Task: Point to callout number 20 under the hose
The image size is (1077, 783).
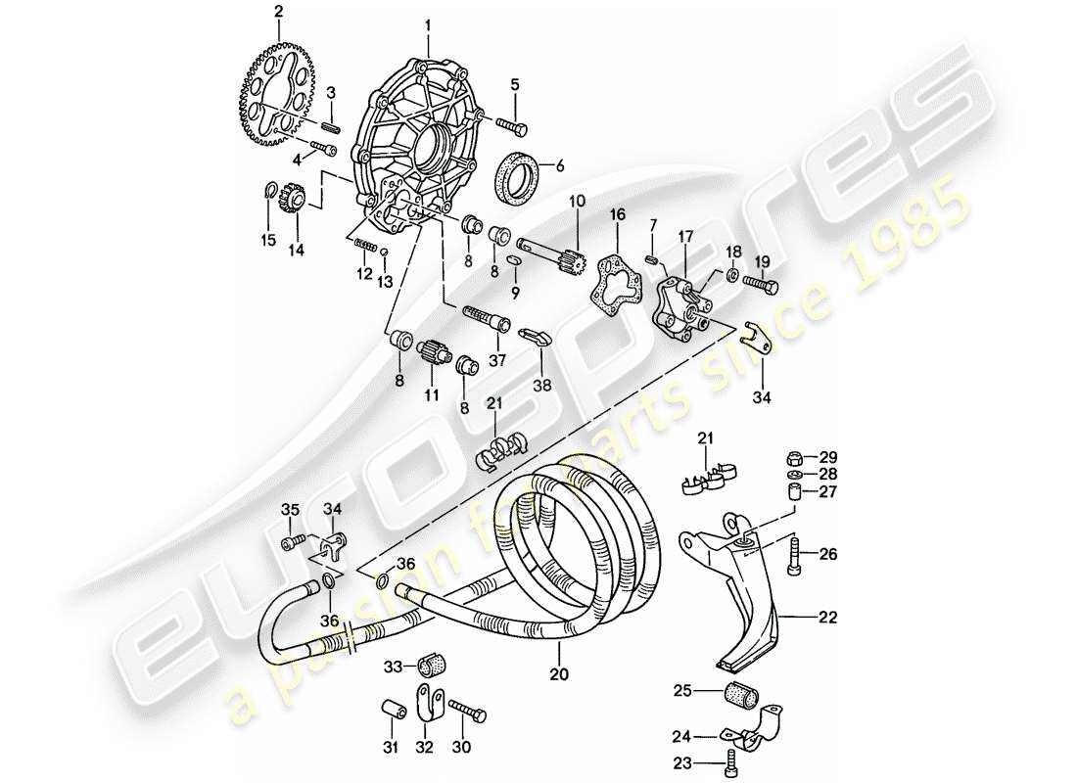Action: tap(559, 674)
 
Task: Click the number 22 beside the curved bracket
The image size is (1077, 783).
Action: tap(828, 617)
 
